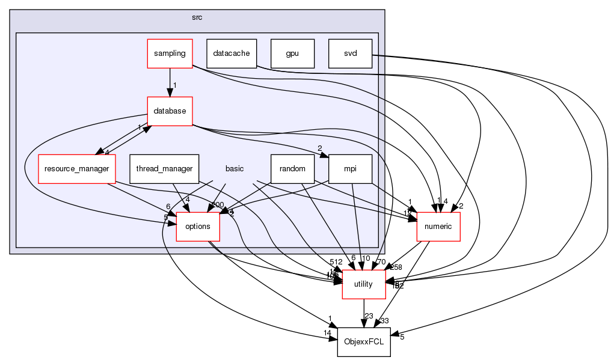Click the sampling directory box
click(170, 53)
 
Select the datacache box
click(232, 53)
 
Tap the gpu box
click(292, 53)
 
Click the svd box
click(350, 53)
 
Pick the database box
click(170, 111)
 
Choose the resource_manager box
click(76, 169)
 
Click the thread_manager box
click(164, 169)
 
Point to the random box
click(292, 169)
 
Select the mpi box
click(350, 169)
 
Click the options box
click(197, 227)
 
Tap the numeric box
click(438, 227)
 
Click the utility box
click(363, 284)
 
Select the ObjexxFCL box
click(363, 342)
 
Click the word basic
click(234, 169)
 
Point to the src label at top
click(197, 17)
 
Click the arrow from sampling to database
click(170, 82)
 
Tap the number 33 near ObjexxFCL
click(385, 321)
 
